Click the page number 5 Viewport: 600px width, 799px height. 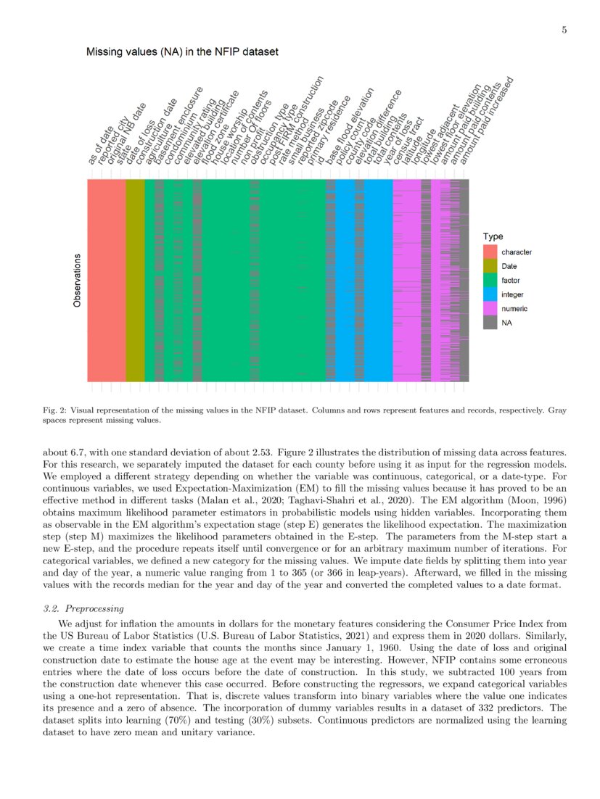564,30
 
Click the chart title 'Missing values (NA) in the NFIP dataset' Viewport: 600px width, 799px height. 182,52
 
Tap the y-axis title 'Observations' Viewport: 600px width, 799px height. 77,280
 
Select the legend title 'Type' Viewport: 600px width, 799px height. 493,236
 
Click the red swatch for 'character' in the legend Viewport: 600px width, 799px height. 491,252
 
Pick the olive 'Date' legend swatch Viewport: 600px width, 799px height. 491,266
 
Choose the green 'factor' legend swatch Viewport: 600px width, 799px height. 491,280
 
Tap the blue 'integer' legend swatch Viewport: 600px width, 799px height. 491,294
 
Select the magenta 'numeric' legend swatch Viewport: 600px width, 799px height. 491,309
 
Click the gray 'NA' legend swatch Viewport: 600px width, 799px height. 491,323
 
